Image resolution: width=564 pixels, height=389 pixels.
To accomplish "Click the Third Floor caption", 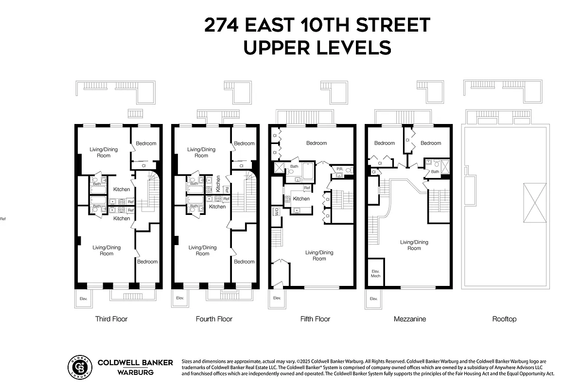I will point(111,319).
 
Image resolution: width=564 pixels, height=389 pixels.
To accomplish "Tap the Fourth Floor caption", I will point(214,319).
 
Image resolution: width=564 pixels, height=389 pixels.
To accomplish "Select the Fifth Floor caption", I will point(315,319).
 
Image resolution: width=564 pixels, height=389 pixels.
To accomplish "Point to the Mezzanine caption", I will point(409,319).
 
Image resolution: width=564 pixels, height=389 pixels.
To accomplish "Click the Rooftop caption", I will point(504,319).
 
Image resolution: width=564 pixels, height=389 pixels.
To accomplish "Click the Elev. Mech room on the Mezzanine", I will point(376,273).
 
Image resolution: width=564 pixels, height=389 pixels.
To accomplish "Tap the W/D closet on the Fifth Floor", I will point(276,212).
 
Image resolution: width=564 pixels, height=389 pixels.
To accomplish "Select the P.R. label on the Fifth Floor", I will point(339,169).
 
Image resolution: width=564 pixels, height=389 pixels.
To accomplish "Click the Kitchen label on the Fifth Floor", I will point(301,199).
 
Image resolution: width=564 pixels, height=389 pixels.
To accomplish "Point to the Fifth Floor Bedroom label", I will point(316,143).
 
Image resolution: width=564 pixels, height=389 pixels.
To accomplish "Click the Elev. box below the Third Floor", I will point(83,298).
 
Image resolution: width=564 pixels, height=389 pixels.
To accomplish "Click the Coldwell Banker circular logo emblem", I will point(79,367).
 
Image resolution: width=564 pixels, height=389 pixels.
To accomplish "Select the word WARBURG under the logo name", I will point(135,372).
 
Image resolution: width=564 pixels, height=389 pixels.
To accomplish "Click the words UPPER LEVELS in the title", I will point(317,48).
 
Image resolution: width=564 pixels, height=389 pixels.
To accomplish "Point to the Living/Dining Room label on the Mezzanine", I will point(414,245).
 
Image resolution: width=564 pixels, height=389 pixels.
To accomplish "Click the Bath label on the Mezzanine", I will point(435,172).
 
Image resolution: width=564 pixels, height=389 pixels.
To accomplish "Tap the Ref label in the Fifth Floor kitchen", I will point(307,188).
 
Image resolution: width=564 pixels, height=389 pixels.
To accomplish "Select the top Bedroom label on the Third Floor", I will point(146,143).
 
